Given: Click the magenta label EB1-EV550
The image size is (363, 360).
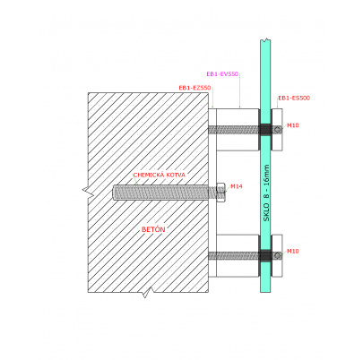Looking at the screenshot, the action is [x=222, y=74].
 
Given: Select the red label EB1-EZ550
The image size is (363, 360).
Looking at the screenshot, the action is [x=194, y=88].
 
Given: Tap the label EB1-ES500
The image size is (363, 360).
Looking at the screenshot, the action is [x=294, y=98].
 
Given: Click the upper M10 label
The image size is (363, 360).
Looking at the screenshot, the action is [x=293, y=125].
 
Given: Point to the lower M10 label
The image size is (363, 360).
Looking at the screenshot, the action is [x=293, y=252].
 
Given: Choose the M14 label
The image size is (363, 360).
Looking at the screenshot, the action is [x=237, y=186].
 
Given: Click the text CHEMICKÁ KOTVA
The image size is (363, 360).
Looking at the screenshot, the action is [x=160, y=175].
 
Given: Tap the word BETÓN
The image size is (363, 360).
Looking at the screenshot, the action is [x=153, y=229].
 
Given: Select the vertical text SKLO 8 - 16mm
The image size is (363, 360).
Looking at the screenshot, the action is [x=266, y=193].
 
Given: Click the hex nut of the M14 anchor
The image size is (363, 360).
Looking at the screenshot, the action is [x=220, y=193].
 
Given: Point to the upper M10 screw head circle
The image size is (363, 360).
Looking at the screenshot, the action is [x=278, y=129].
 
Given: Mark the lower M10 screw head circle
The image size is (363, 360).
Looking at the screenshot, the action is [x=278, y=255].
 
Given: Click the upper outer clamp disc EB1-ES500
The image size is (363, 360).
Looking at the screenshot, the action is [x=277, y=130].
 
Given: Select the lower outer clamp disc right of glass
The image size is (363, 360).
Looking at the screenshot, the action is [x=277, y=255].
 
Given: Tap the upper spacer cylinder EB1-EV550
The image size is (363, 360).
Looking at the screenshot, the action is [x=238, y=130].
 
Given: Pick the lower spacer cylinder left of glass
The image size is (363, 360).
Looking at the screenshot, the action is [x=238, y=255].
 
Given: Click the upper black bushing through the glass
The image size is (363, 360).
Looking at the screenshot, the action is [x=265, y=130].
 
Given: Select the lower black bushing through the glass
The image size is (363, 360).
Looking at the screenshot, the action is [x=265, y=255].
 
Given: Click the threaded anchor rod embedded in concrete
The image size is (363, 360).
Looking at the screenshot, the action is [x=160, y=193].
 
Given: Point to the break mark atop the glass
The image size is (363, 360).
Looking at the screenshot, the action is [x=265, y=39].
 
